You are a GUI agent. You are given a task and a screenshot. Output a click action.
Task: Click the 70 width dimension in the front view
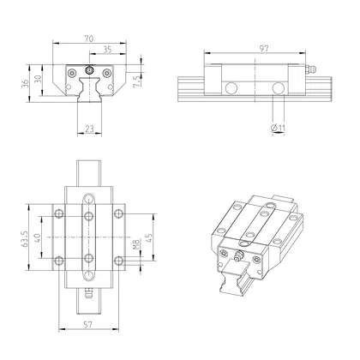[88, 38]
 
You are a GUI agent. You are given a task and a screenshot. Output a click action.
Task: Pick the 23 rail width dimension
[90, 129]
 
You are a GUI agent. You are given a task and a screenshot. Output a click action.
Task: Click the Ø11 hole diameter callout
[278, 129]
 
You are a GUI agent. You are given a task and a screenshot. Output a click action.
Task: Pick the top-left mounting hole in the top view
[58, 213]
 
